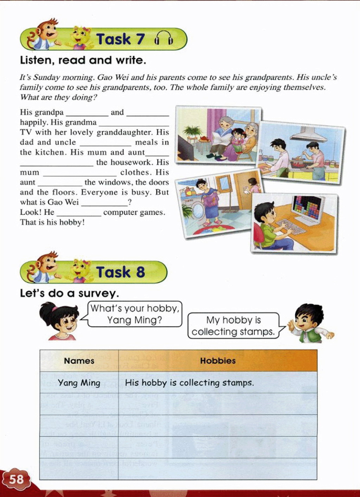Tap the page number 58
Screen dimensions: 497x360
pos(16,479)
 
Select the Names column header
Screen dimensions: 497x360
pos(79,361)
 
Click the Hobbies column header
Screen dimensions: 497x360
pos(218,361)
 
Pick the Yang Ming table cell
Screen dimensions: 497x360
pos(79,382)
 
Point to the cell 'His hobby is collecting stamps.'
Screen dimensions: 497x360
pos(189,382)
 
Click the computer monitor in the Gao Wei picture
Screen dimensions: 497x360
pos(308,209)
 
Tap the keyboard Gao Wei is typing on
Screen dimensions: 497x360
pos(290,227)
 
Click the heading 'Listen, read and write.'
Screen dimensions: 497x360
pos(83,60)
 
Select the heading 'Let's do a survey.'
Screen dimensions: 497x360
pos(70,293)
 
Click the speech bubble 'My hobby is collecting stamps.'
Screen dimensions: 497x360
pos(233,326)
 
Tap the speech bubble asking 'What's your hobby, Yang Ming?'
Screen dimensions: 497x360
pos(135,314)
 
